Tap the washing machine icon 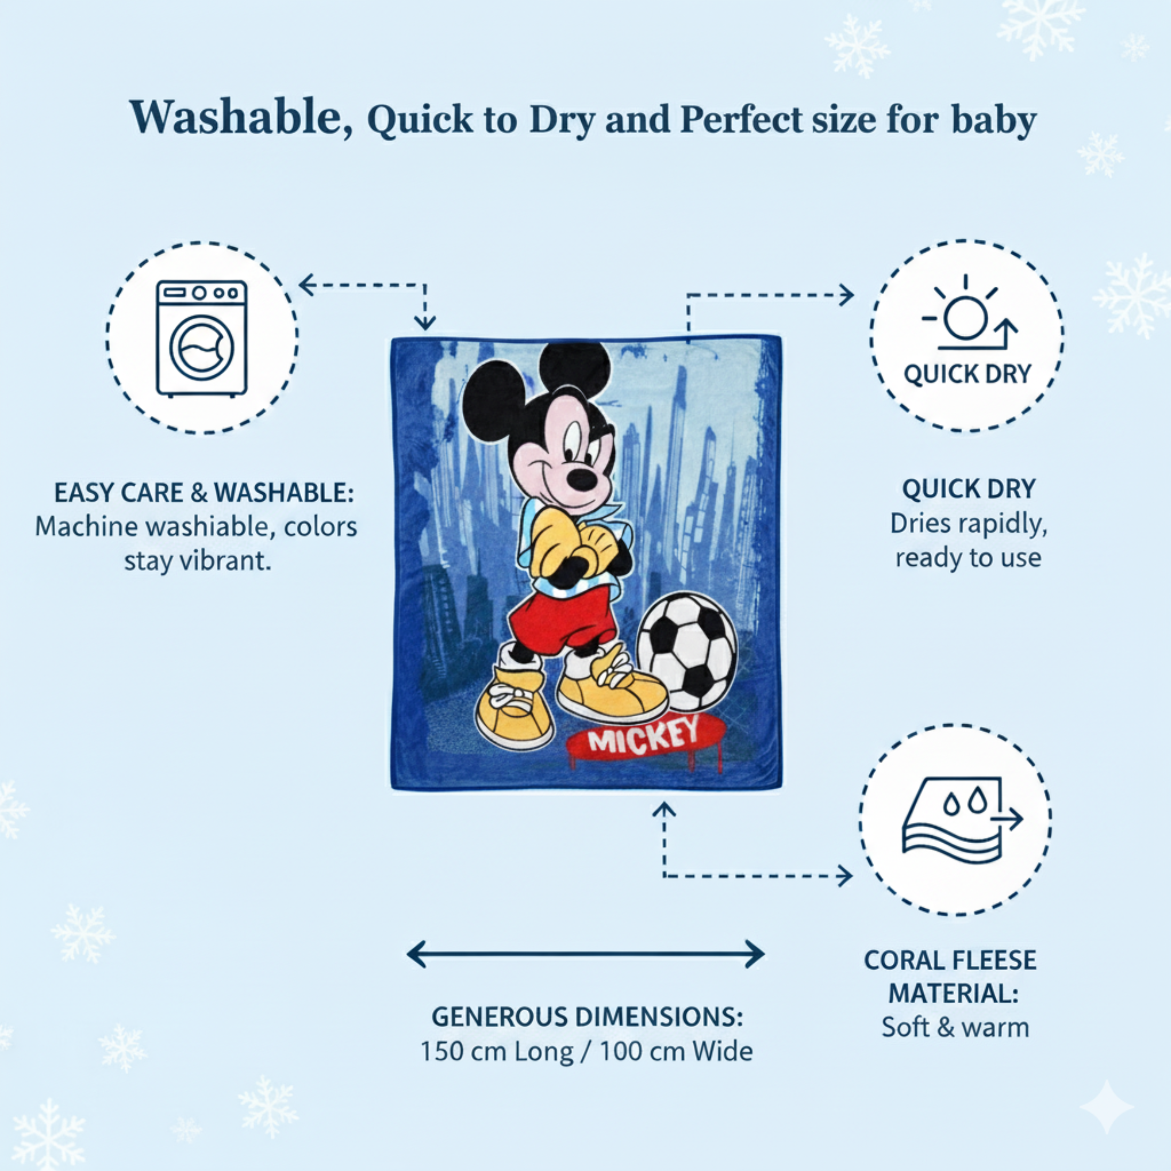tap(202, 338)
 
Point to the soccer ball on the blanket tap(687, 652)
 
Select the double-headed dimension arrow tap(585, 954)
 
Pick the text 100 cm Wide tap(676, 1052)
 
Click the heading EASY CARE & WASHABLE tap(204, 493)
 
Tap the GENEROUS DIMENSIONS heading tap(587, 1017)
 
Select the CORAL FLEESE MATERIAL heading tap(950, 977)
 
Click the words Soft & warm tap(955, 1027)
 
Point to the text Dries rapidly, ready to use tap(968, 541)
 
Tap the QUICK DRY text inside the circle tap(967, 374)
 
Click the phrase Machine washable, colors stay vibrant tap(196, 544)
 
